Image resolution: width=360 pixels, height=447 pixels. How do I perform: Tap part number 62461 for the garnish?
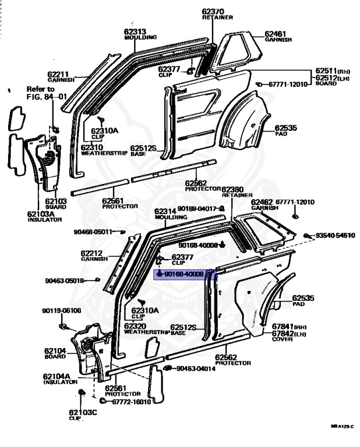[275, 34]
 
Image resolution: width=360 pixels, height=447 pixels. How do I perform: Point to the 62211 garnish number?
[59, 74]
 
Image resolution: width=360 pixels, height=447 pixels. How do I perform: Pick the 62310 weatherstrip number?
[92, 147]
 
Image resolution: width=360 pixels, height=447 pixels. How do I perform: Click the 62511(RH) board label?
[328, 70]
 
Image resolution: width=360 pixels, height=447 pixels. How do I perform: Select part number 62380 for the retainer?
[232, 190]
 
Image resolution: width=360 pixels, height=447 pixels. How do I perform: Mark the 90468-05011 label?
[93, 232]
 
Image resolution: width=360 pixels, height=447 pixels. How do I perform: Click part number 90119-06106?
[61, 310]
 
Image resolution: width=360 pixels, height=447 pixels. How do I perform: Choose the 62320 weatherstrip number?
[135, 326]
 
